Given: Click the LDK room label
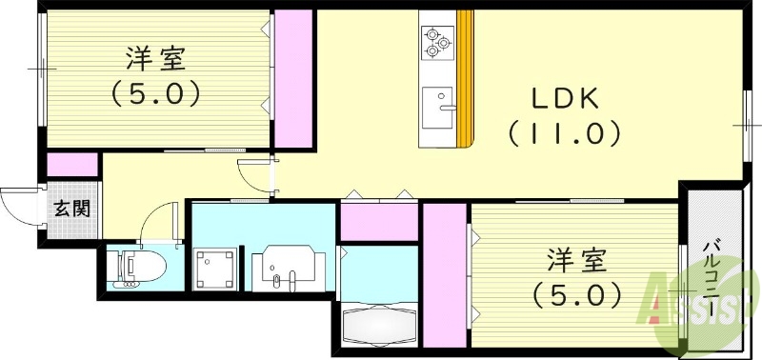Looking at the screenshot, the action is click(x=564, y=100).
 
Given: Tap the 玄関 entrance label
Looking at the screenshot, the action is click(x=71, y=209).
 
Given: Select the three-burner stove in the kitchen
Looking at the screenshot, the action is click(x=437, y=43).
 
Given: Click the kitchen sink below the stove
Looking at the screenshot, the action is click(x=438, y=108).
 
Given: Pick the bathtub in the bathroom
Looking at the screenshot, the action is click(x=379, y=326).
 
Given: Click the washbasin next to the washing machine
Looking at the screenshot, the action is click(x=289, y=268).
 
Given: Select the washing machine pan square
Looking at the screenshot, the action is click(x=215, y=269).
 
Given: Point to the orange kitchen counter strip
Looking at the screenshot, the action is click(x=465, y=78).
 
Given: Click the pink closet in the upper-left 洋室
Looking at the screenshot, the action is click(x=293, y=78).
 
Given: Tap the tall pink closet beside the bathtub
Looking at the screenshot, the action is click(x=445, y=275).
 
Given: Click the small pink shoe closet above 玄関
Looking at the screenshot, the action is click(x=72, y=165).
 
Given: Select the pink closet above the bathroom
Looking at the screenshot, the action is click(x=379, y=222).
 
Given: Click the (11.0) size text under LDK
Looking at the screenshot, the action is click(x=564, y=133).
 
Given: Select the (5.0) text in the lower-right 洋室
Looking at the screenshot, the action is click(x=577, y=295).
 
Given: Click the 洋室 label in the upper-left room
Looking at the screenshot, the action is click(x=155, y=59).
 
